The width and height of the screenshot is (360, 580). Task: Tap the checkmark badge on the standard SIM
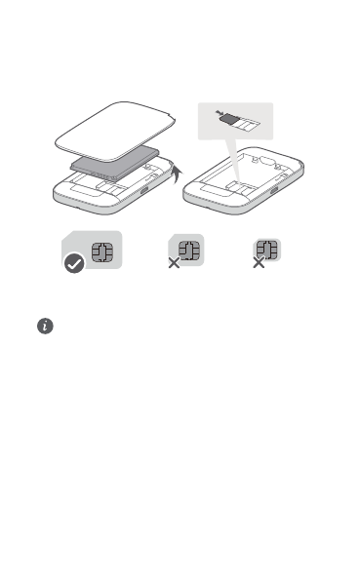[x=74, y=263]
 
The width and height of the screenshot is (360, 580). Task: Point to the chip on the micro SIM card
[x=189, y=250]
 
